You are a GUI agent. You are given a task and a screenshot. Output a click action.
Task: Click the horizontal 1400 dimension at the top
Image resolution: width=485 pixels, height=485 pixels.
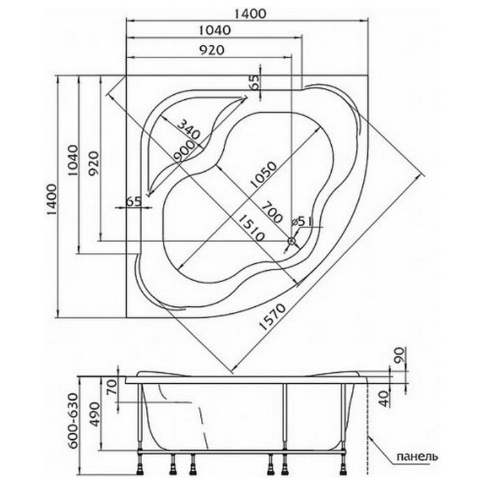pos(250,14)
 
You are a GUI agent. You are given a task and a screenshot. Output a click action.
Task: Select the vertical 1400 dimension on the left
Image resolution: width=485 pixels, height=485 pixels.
pos(52,200)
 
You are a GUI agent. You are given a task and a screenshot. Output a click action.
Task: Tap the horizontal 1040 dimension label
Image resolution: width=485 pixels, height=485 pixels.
pos(215,30)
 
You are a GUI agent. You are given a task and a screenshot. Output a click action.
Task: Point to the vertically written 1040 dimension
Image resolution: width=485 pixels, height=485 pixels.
pos(73,160)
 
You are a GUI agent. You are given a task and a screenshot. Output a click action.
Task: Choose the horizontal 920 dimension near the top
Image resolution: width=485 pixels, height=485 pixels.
pos(211,50)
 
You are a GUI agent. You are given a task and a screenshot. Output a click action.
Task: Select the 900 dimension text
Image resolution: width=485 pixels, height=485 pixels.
pos(184,151)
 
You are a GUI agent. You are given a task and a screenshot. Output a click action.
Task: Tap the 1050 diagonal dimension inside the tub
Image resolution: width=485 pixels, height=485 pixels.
pos(263,175)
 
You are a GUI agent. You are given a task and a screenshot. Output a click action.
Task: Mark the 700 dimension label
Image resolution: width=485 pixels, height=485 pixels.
pos(272,213)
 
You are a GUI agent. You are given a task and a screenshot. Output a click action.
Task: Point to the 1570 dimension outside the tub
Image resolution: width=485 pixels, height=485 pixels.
pos(272,317)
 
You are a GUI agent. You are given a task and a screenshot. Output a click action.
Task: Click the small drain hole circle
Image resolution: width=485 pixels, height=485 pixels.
pos(292,241)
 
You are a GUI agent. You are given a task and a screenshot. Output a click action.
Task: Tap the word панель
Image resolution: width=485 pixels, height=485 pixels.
pos(417,456)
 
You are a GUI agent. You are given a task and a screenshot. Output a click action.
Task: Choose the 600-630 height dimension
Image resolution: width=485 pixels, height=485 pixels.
pos(73,421)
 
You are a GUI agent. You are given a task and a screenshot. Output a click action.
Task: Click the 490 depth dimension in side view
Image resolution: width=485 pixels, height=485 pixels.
pos(95,414)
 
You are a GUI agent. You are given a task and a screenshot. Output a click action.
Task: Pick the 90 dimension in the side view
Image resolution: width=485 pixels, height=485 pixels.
pos(399,355)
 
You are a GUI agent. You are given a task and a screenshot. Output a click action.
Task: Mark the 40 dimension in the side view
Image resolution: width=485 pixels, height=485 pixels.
pos(384,398)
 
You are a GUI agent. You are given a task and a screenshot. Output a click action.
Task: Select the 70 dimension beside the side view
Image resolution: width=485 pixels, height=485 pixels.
pos(112,387)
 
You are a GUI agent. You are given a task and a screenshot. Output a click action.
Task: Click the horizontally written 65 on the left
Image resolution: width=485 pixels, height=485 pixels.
pos(134,202)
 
